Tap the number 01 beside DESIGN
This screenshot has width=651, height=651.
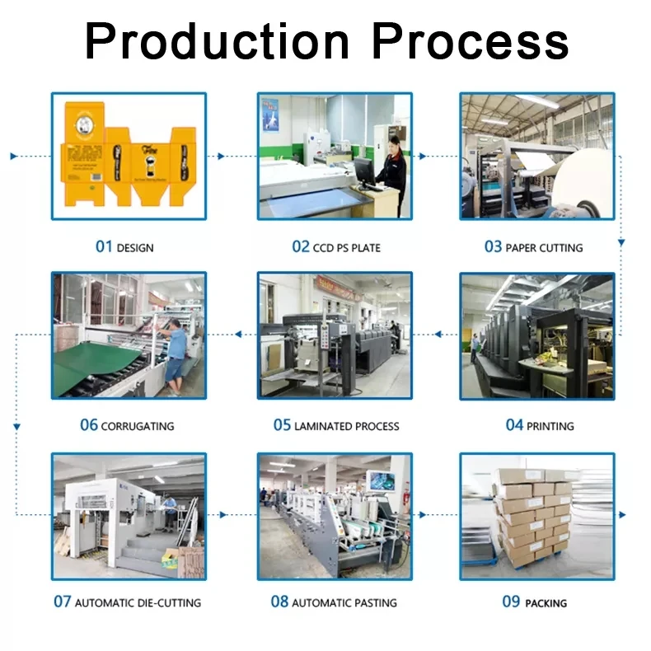click(103, 246)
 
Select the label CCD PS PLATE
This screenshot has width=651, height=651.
click(347, 247)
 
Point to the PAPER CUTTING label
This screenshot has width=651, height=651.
click(544, 247)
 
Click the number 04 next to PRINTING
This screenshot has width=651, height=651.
click(514, 425)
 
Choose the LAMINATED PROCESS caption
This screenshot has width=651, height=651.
click(346, 426)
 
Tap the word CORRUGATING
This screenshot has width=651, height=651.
click(137, 426)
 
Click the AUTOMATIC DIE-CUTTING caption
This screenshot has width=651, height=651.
click(138, 602)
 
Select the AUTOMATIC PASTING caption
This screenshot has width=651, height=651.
click(344, 602)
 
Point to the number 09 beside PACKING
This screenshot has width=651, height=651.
click(511, 602)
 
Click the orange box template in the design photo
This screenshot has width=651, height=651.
click(128, 157)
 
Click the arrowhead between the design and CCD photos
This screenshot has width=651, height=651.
click(220, 156)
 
